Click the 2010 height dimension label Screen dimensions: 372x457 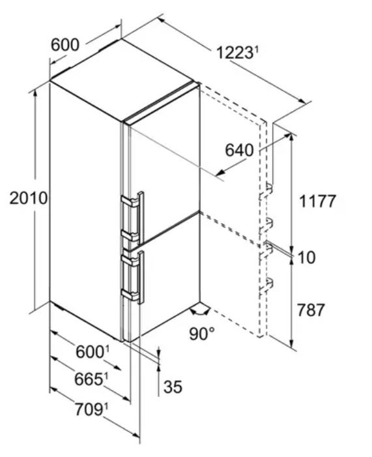click(x=28, y=198)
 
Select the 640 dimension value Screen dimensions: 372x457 click(x=239, y=151)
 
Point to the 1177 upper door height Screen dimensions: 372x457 click(x=317, y=201)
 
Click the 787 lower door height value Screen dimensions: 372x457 click(x=311, y=310)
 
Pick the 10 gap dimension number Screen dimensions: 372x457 click(x=306, y=258)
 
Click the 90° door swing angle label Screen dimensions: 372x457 click(x=201, y=334)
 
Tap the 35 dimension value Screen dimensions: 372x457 click(x=173, y=387)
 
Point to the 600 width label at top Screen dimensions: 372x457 click(x=65, y=45)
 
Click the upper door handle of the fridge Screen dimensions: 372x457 click(x=133, y=216)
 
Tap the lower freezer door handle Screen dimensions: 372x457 click(x=133, y=277)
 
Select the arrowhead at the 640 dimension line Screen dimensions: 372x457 click(x=220, y=172)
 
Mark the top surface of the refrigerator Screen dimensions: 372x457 click(x=122, y=80)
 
